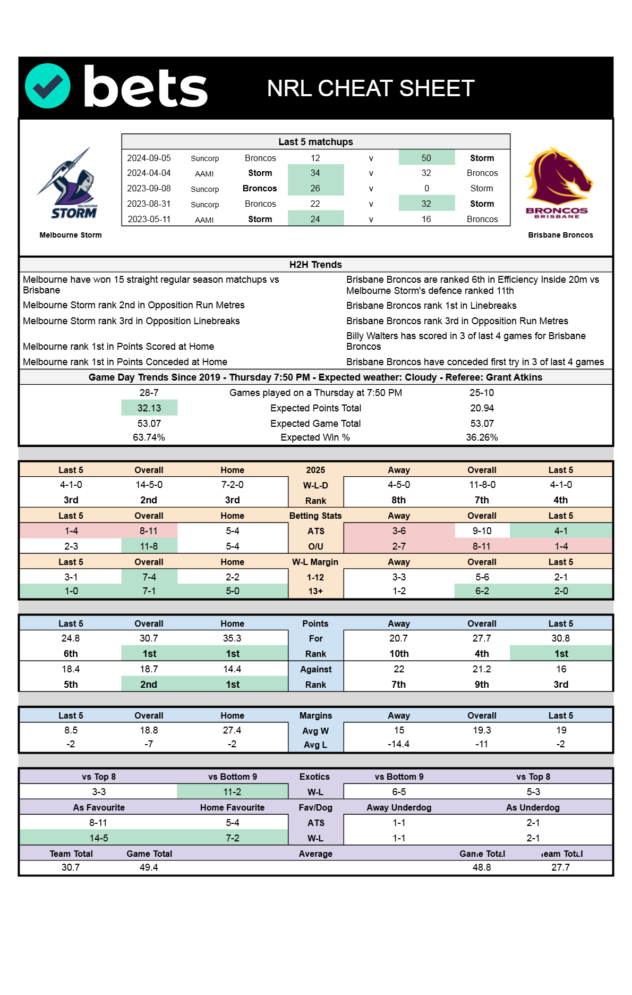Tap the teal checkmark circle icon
pyautogui.click(x=48, y=86)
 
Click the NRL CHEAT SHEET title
pyautogui.click(x=370, y=88)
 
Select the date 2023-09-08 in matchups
pyautogui.click(x=149, y=189)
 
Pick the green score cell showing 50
pyautogui.click(x=426, y=158)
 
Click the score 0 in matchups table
pyautogui.click(x=426, y=189)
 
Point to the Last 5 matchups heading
pyautogui.click(x=315, y=142)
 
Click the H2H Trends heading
pyautogui.click(x=315, y=265)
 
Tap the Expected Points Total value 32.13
pyautogui.click(x=149, y=408)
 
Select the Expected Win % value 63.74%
pyautogui.click(x=149, y=437)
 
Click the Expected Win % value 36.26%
pyautogui.click(x=482, y=437)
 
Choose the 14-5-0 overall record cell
pyautogui.click(x=149, y=485)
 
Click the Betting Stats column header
pyautogui.click(x=315, y=516)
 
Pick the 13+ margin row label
pyautogui.click(x=315, y=591)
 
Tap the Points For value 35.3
pyautogui.click(x=232, y=638)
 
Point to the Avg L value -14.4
pyautogui.click(x=398, y=744)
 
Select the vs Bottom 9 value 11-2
pyautogui.click(x=232, y=792)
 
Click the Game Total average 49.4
pyautogui.click(x=149, y=867)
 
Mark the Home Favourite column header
pyautogui.click(x=232, y=807)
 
